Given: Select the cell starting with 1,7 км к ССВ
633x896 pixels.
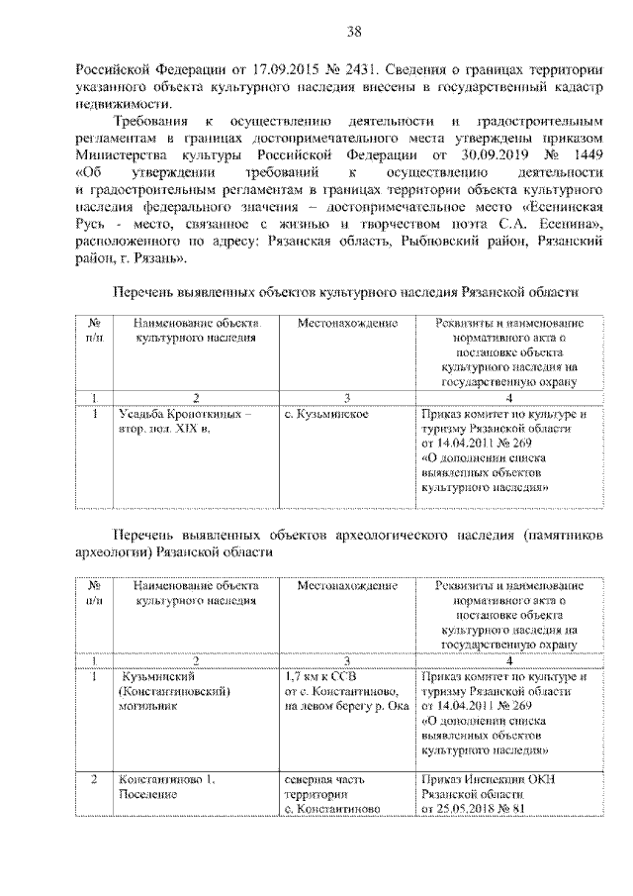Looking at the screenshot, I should click(341, 691).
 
